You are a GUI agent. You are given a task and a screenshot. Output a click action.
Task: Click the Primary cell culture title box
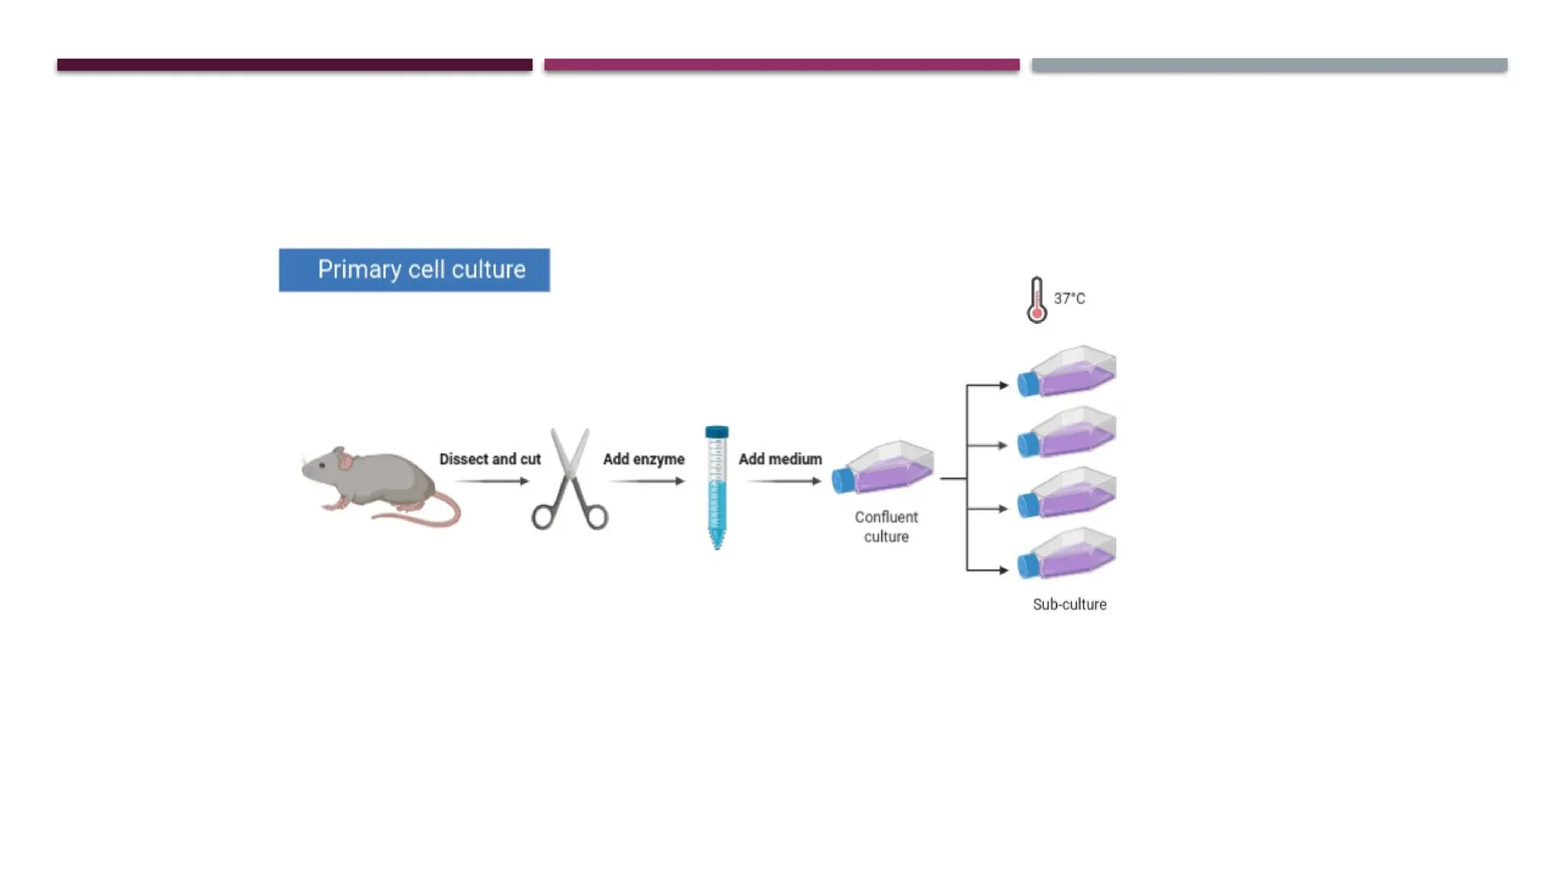[413, 270]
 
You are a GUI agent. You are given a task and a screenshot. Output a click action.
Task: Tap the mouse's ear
[345, 461]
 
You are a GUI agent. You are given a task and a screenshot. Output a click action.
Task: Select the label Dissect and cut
[490, 459]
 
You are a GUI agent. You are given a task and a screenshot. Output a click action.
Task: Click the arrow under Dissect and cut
[491, 481]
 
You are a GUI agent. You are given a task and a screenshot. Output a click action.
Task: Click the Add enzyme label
[643, 459]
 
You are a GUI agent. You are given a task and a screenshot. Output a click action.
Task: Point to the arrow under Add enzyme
[646, 481]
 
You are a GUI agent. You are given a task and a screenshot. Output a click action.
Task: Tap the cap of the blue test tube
[717, 432]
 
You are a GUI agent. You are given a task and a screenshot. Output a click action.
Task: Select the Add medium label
[779, 459]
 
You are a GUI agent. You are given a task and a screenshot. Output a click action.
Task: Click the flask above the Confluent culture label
[884, 467]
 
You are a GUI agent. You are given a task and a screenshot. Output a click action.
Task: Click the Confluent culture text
[886, 527]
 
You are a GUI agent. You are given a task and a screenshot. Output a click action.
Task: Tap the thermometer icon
[1036, 299]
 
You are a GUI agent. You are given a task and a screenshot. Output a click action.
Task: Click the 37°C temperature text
[1069, 299]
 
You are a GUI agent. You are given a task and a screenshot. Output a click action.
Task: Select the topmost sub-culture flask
[1068, 371]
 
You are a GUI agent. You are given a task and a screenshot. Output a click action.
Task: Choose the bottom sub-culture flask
[1068, 553]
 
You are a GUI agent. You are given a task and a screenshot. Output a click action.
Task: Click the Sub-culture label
[1069, 604]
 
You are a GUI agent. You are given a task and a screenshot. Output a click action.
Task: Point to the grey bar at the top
[1269, 65]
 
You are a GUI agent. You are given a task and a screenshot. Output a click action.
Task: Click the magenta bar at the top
[782, 65]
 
